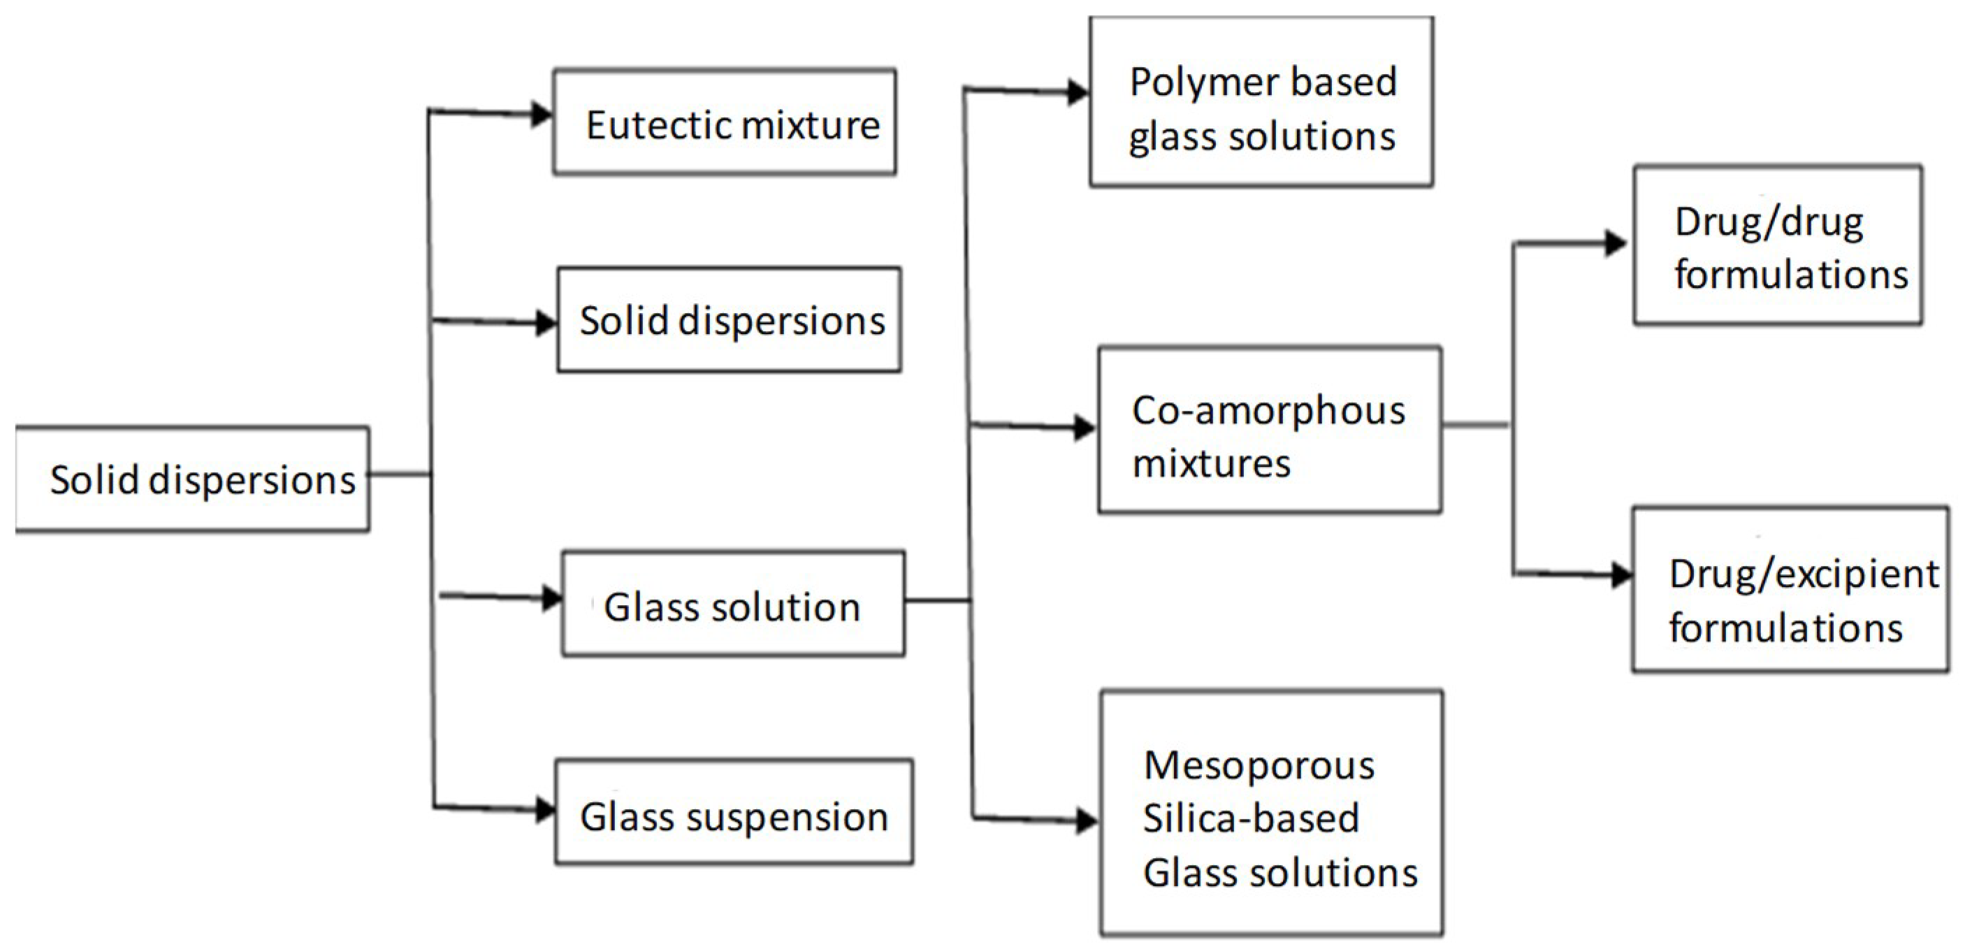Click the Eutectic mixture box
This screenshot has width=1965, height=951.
(x=725, y=122)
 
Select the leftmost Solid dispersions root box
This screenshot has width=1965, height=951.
(x=192, y=479)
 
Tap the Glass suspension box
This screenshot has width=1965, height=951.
(x=734, y=811)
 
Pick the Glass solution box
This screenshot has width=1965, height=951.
(x=733, y=603)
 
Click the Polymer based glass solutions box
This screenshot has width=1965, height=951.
(x=1261, y=101)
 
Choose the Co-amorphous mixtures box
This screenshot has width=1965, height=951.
(x=1269, y=429)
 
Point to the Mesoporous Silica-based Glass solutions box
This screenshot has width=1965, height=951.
(x=1272, y=813)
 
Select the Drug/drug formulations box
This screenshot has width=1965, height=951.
(x=1776, y=245)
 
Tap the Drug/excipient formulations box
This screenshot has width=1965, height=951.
(x=1790, y=590)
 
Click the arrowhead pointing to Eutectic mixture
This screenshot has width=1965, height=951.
(x=542, y=115)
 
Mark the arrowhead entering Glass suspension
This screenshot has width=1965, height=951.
(x=546, y=809)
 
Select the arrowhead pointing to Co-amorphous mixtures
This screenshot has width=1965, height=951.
(x=1084, y=428)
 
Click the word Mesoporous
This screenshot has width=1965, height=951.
(x=1259, y=765)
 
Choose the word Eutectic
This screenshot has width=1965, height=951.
(x=647, y=124)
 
